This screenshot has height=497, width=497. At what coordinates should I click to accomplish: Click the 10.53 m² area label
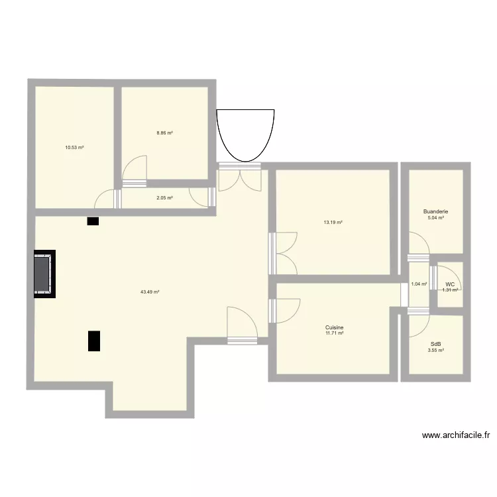[x=74, y=148]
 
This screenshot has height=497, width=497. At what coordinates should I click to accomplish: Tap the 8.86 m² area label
[x=164, y=133]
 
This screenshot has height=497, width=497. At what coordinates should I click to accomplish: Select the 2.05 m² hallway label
[x=164, y=197]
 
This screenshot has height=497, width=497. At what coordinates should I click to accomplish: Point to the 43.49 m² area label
[x=150, y=292]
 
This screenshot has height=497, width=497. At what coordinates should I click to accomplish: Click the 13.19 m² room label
[x=333, y=223]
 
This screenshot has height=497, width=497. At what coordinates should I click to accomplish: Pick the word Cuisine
[x=334, y=327]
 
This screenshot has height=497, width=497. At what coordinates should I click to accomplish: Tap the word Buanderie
[x=435, y=212]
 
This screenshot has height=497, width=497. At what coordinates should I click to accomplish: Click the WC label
[x=450, y=284]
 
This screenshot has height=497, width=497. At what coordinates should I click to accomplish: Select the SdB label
[x=435, y=344]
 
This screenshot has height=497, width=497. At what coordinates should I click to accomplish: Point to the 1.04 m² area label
[x=419, y=284]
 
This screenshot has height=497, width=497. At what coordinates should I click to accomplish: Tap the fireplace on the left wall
[x=44, y=274]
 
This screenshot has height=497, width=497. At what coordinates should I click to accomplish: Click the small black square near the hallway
[x=92, y=221]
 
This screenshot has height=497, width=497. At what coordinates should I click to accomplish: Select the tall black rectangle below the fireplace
[x=94, y=340]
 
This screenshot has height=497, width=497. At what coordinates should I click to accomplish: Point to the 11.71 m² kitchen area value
[x=334, y=333]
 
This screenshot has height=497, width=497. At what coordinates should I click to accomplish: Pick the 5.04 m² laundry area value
[x=435, y=218]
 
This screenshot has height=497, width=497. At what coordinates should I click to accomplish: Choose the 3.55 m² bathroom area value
[x=435, y=350]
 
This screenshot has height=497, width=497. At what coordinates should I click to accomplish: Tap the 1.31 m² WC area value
[x=451, y=290]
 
